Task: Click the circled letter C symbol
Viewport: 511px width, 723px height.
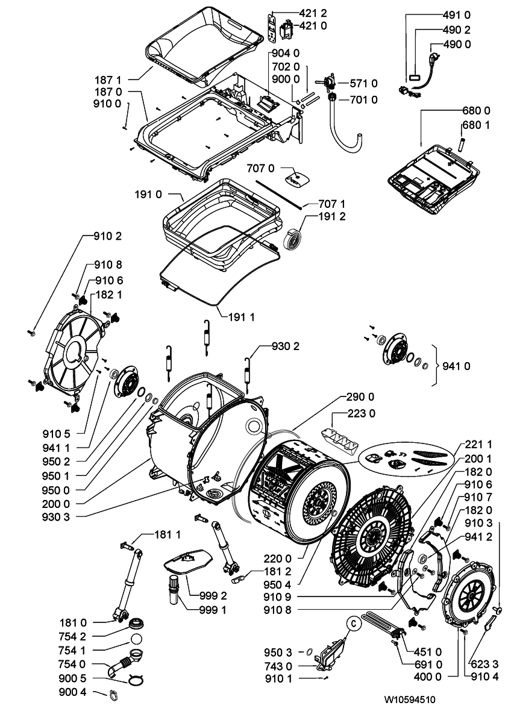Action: [354, 624]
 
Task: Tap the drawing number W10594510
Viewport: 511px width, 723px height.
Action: [410, 700]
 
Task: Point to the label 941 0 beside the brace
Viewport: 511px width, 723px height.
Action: [456, 366]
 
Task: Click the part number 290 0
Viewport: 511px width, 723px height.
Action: [360, 397]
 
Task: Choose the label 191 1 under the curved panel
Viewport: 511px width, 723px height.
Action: [242, 318]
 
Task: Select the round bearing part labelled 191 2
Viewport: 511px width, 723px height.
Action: [292, 239]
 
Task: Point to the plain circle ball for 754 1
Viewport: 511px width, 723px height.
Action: [136, 639]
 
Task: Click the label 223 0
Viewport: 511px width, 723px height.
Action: [361, 413]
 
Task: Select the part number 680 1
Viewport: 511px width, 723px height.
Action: [476, 125]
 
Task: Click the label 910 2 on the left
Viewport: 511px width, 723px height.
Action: [108, 236]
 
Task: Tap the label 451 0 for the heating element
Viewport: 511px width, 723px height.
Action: [427, 652]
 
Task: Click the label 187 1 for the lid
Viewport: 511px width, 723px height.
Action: [108, 80]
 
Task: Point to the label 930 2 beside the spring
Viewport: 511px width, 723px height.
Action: [286, 346]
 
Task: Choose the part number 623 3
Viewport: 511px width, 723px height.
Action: [485, 664]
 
